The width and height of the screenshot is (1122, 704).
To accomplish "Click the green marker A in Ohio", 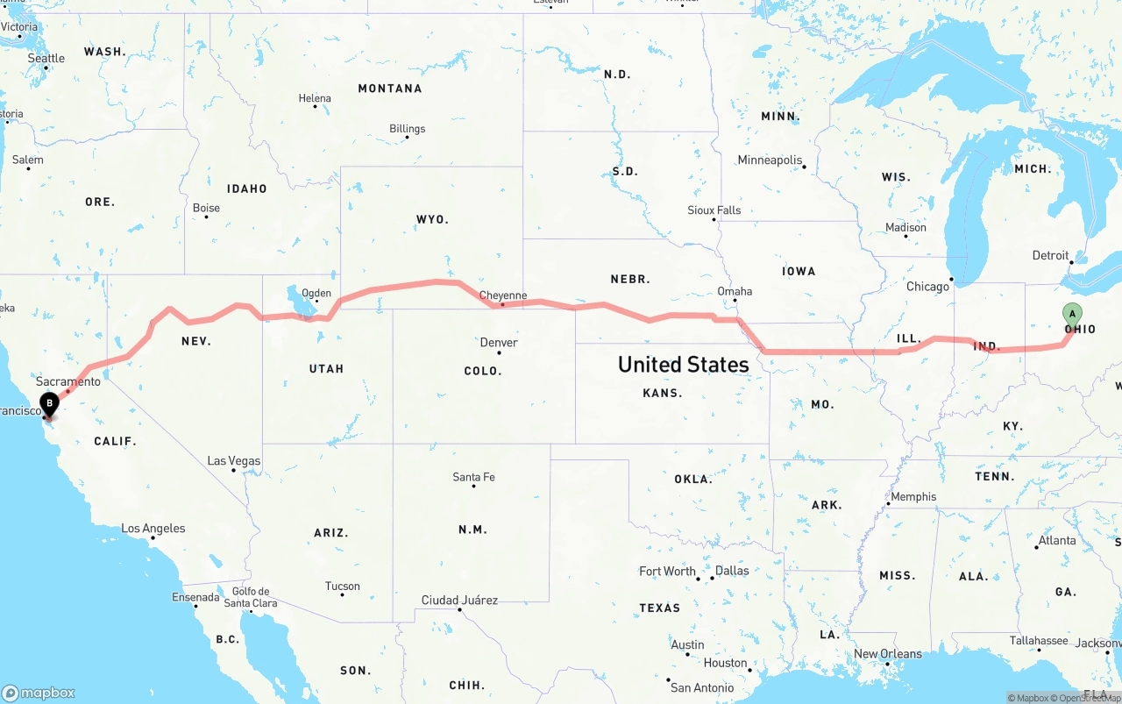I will point(1071,314).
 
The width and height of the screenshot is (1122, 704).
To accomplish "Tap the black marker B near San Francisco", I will point(50,403).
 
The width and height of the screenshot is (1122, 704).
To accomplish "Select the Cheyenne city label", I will point(503,295).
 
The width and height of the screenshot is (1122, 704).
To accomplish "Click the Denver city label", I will point(499,342).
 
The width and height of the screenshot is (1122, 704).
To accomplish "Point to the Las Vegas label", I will point(233,460).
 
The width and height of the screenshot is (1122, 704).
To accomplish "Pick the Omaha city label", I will point(735,291).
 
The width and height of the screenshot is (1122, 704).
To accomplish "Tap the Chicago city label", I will point(927,286).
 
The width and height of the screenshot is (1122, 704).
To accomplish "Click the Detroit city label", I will point(1050,255).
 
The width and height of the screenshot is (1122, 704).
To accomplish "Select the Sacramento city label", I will point(68,381).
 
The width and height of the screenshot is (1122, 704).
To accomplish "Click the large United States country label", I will point(683,364).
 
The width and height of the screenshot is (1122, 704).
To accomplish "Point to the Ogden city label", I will point(316,293).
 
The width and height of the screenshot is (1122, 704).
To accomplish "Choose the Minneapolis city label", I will point(770,160).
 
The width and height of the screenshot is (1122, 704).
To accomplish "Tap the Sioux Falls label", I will point(714,210).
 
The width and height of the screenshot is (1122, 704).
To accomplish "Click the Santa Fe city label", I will point(473,477).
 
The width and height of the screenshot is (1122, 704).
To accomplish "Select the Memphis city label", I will point(913,496).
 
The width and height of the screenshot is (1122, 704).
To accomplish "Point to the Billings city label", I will point(407,128).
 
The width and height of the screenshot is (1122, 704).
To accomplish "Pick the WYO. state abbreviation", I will point(432,219).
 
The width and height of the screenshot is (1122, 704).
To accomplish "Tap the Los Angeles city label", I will point(153,528).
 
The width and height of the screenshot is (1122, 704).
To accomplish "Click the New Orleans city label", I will point(887,653).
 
